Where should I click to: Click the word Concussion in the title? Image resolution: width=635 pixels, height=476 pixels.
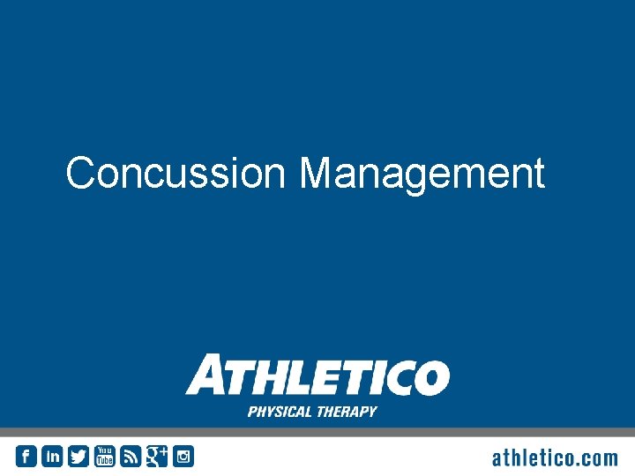(175, 173)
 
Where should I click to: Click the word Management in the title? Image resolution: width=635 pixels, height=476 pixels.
(422, 174)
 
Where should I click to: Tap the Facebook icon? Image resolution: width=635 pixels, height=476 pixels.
(26, 456)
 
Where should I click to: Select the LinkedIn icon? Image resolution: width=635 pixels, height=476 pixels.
(52, 456)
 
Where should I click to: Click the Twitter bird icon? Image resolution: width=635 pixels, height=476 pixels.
(78, 456)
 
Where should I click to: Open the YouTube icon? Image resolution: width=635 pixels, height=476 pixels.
(105, 456)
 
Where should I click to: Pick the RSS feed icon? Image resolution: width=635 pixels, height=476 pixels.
(131, 456)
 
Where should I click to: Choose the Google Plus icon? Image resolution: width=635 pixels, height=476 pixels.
(157, 456)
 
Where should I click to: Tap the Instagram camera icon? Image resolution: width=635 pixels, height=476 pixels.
(183, 456)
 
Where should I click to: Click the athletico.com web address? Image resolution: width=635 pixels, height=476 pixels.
(554, 457)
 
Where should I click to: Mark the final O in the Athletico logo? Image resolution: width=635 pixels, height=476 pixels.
(430, 377)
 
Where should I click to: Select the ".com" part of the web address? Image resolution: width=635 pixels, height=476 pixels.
(596, 457)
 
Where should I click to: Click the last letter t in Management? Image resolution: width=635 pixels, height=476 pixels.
(539, 174)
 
